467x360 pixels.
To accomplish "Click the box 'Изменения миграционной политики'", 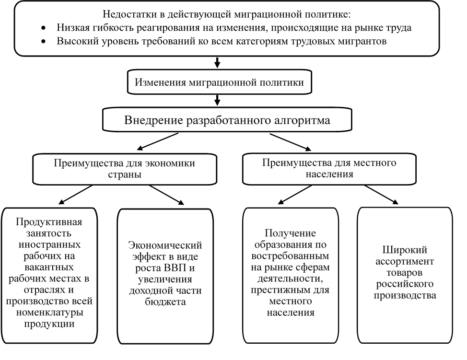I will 219,82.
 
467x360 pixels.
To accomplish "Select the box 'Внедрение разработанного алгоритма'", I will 227,120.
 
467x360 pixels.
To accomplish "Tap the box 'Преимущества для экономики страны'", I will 124,169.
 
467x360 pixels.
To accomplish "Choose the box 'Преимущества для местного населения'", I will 329,169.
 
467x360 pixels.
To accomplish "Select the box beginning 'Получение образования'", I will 291,273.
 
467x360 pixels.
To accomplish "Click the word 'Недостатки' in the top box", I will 127,14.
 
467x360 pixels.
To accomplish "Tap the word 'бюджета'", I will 165,302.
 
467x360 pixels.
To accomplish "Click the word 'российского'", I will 405,284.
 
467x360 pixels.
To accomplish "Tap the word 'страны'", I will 124,174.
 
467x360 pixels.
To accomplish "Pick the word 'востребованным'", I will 291,256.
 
